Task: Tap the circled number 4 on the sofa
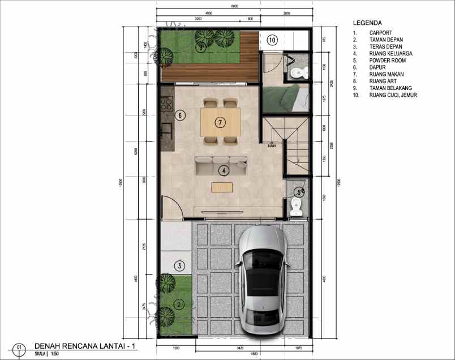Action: click(225, 169)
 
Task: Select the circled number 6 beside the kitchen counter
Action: click(180, 115)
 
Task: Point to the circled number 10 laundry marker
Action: click(272, 40)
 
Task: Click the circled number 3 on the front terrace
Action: click(179, 265)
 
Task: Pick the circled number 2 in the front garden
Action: click(179, 305)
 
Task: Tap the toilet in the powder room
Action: click(296, 206)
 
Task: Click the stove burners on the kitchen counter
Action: click(166, 104)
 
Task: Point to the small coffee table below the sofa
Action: click(222, 186)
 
